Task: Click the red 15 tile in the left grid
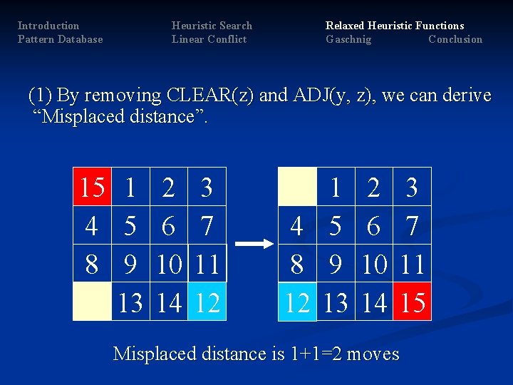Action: (x=92, y=187)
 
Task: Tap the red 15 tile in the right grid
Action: (x=412, y=302)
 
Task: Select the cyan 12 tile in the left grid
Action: (x=207, y=302)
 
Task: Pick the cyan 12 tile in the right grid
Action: (x=296, y=302)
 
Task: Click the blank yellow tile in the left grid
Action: (x=92, y=302)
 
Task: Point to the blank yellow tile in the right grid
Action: (x=296, y=187)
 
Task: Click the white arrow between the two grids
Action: (x=254, y=244)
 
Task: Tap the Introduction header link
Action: (x=48, y=26)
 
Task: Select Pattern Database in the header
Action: (x=60, y=39)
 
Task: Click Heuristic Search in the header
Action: (x=212, y=26)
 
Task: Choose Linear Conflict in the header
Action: (x=209, y=39)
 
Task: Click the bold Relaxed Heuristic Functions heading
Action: (x=395, y=26)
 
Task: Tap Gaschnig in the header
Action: (x=348, y=39)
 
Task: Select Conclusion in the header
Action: (x=455, y=39)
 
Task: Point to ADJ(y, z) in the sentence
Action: (x=326, y=96)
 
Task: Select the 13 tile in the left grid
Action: (x=130, y=302)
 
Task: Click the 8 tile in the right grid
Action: (x=296, y=264)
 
